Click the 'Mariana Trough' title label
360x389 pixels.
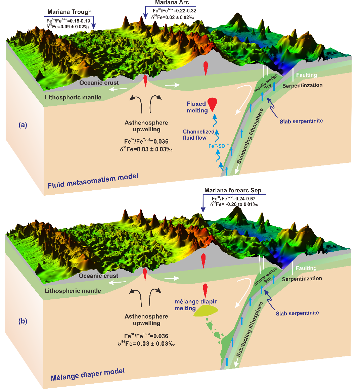coord(69,12)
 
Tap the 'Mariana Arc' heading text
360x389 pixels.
coord(172,3)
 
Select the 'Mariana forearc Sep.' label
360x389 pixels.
coord(233,190)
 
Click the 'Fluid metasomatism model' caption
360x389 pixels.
coord(93,181)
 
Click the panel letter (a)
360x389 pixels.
coord(23,125)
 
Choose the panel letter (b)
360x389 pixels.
coord(23,321)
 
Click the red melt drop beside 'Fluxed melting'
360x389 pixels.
coord(212,103)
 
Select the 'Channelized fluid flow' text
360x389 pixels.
coord(198,135)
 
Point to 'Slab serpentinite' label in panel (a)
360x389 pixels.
coord(301,121)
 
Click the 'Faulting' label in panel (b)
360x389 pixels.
coord(306,268)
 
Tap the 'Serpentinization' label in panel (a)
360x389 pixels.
coord(302,85)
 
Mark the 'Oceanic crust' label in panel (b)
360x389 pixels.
coord(98,276)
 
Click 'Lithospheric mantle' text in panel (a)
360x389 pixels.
coord(73,97)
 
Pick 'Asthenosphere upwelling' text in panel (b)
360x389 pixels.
coord(146,320)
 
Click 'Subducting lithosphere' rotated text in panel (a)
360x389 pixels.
coord(250,136)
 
